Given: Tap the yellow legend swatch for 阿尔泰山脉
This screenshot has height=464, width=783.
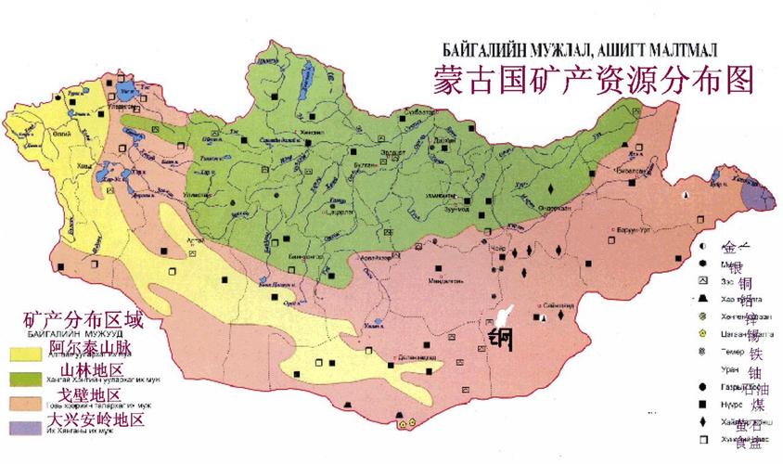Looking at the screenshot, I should (x=28, y=353).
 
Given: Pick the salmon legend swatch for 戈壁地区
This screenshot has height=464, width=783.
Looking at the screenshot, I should (x=28, y=401).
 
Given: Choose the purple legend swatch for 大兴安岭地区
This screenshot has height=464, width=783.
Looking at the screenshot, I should (x=28, y=424).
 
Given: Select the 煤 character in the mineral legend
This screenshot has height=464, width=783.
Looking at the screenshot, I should (x=758, y=406).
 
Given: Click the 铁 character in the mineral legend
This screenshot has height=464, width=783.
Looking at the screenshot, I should (x=755, y=353).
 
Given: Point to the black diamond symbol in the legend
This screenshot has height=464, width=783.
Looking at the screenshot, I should (x=704, y=422).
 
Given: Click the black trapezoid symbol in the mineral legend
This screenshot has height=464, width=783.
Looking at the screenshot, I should (x=704, y=299).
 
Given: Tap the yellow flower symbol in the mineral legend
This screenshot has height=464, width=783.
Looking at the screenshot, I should (x=704, y=332).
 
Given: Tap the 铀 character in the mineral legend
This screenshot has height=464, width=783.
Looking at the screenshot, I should (x=755, y=371).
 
